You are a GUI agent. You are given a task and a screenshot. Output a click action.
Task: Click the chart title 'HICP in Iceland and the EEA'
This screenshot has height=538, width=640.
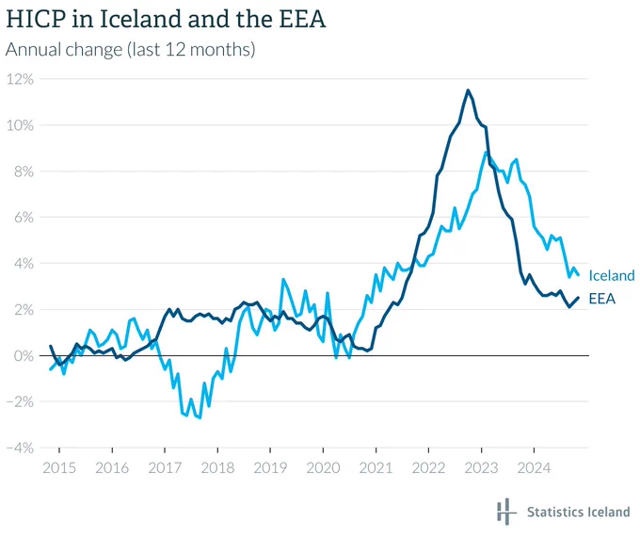tap(166, 19)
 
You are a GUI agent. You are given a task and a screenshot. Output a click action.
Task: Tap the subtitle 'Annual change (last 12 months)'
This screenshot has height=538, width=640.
tap(130, 50)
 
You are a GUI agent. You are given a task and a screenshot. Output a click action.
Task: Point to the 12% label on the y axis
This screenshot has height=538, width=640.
tap(20, 79)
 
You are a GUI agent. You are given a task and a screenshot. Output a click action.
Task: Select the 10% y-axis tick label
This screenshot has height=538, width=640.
tap(20, 125)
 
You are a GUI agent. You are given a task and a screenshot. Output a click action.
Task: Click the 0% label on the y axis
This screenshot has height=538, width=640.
tap(24, 356)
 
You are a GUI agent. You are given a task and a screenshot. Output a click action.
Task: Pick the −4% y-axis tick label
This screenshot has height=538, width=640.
tap(20, 448)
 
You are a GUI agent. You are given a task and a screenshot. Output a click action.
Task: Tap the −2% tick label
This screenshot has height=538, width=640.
tap(20, 402)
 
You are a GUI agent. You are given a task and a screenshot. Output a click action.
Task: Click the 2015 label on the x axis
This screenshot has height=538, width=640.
tap(59, 467)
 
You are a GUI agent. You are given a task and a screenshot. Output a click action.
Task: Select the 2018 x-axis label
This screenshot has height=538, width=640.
tap(217, 467)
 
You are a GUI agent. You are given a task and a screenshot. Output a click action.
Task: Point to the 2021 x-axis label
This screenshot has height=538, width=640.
tap(376, 467)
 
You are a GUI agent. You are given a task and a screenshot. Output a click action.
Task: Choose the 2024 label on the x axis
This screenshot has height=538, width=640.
tap(534, 467)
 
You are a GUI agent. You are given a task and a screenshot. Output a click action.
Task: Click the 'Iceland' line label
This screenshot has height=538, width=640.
tap(612, 276)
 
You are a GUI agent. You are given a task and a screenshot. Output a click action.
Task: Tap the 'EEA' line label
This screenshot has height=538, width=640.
tap(602, 299)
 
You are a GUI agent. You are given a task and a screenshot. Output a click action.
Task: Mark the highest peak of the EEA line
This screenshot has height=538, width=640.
tap(468, 90)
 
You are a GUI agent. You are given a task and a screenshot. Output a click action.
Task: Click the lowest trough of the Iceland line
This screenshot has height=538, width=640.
tap(200, 417)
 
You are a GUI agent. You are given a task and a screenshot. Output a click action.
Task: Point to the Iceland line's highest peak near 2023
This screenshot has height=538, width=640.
tap(486, 153)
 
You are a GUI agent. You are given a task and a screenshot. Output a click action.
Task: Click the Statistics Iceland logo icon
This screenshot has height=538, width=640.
tap(504, 511)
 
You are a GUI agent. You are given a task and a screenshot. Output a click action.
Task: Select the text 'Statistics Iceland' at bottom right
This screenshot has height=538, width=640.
tap(579, 512)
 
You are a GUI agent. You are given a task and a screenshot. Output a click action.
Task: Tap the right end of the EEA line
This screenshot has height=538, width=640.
tap(578, 298)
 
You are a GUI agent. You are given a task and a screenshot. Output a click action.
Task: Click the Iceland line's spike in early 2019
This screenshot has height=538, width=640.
tap(283, 280)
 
